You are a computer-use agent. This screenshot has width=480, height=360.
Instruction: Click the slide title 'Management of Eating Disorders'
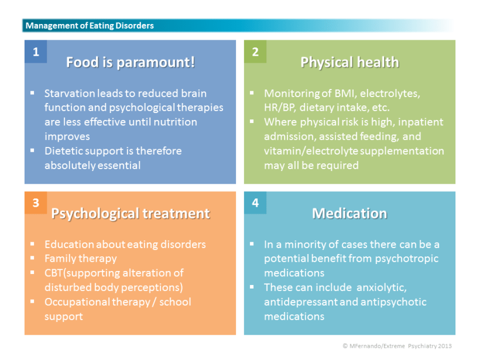pos(90,26)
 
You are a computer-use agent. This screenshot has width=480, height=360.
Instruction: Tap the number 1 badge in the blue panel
pos(36,52)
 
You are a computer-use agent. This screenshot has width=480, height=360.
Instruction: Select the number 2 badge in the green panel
pos(255,52)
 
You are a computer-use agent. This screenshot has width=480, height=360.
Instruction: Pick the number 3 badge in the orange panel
pos(36,203)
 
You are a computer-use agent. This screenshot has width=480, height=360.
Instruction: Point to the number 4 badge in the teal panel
pos(255,203)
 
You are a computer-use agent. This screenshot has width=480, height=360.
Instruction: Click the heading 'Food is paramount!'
pos(131,63)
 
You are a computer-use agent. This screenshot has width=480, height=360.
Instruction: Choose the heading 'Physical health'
pos(349,63)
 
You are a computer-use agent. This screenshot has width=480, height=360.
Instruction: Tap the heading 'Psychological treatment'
pos(131,214)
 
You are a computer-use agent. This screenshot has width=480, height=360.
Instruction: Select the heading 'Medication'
pos(349,214)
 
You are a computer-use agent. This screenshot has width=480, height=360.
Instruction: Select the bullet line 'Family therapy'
pos(81,258)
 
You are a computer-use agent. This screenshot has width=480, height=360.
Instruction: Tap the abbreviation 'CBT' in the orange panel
pos(55,273)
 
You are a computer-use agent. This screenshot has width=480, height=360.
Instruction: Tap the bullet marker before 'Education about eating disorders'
pos(33,244)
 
